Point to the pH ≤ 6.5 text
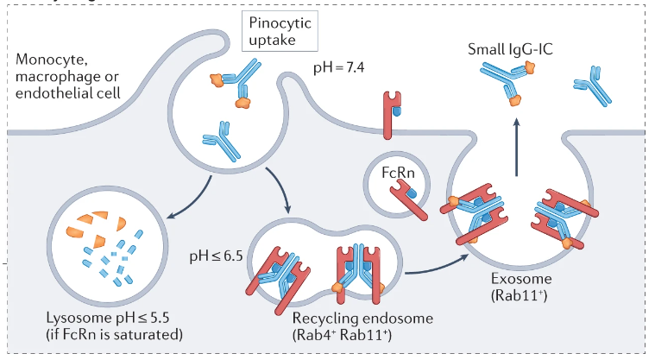pos(218,256)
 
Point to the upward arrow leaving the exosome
pos(517,147)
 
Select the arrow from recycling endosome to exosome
pos(441,262)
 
